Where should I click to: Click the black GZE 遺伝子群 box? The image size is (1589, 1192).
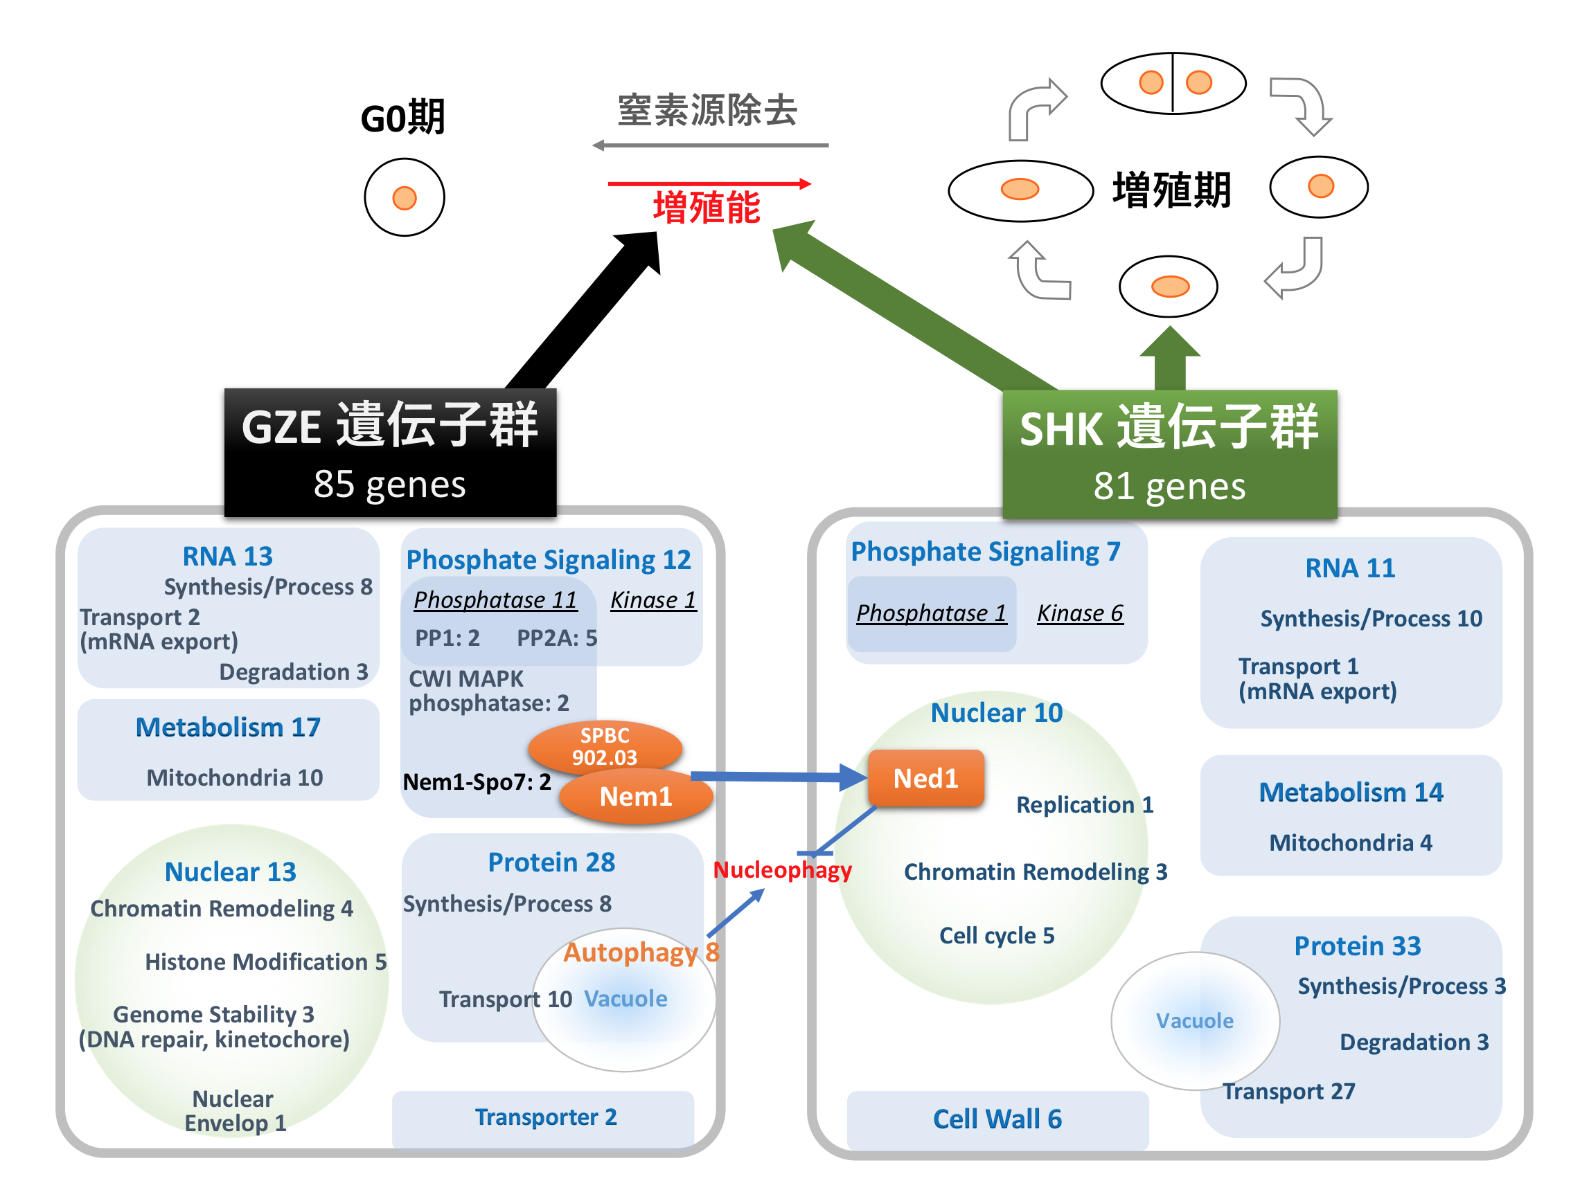coord(390,453)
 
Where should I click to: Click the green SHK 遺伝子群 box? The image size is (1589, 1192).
coord(1169,455)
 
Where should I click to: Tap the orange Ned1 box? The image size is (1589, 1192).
coord(925,778)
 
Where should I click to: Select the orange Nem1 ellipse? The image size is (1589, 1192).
coord(636,796)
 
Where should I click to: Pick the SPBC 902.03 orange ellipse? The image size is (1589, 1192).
coord(604,746)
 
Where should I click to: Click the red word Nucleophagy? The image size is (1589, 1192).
coord(781,870)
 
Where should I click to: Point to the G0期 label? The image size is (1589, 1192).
coord(403,118)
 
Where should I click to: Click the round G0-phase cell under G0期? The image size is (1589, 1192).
coord(405,197)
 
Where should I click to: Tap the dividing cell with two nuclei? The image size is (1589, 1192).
coord(1173,83)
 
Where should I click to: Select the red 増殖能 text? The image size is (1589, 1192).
coord(706,208)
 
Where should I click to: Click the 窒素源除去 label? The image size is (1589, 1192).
coord(708,111)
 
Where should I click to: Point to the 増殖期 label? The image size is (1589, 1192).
coord(1171,190)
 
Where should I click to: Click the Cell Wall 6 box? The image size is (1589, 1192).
coord(997,1119)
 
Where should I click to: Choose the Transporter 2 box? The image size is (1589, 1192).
coord(545,1117)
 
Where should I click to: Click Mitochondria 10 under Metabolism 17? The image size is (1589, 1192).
coord(234,777)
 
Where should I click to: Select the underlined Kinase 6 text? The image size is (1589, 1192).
coord(1080,613)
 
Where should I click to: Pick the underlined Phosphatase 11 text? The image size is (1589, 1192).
coord(495,599)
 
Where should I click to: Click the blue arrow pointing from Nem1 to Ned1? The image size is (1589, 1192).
coord(776,776)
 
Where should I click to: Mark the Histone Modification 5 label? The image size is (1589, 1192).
coord(266,961)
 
